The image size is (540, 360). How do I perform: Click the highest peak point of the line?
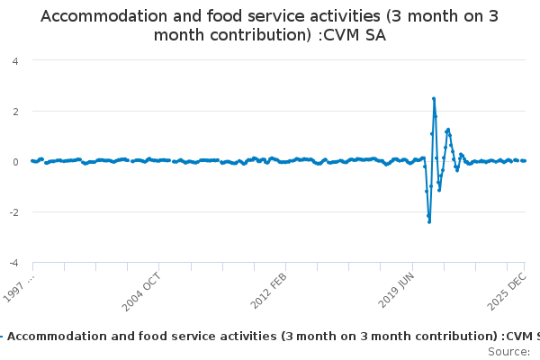434,99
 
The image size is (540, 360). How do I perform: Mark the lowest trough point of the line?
429,221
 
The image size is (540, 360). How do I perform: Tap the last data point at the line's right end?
525,160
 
